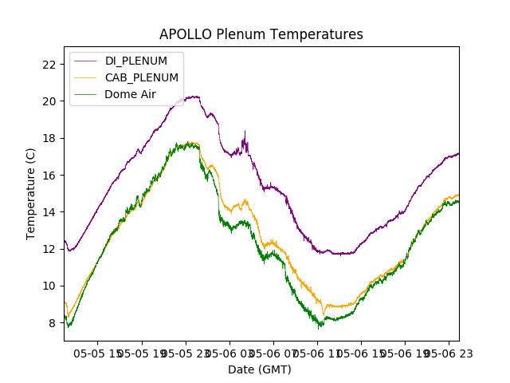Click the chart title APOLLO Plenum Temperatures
261,34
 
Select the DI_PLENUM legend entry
136,61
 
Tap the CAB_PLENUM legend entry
142,77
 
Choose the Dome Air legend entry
130,94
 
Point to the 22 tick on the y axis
50,65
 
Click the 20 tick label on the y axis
50,101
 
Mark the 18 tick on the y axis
50,138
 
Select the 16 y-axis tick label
50,176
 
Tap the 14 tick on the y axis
50,212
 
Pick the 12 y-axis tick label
50,249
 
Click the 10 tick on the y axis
50,286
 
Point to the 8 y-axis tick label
53,323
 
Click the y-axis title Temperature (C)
31,194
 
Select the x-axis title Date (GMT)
260,369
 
